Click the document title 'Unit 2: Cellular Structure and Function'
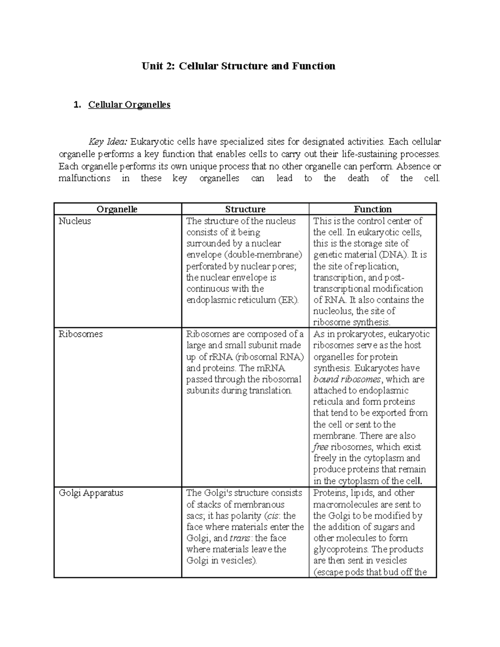tap(238, 66)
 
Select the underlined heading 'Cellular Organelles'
tap(129, 105)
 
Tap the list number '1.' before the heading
tap(77, 105)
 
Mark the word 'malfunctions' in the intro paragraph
tap(84, 178)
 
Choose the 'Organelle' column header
tap(117, 209)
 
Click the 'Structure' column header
tap(245, 209)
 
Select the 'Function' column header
tap(372, 209)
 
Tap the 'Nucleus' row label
tap(75, 221)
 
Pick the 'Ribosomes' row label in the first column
tap(80, 334)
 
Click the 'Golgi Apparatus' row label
tap(91, 493)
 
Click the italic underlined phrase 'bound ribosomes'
tap(347, 380)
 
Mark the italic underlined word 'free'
tap(320, 447)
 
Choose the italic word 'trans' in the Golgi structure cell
tap(240, 538)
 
